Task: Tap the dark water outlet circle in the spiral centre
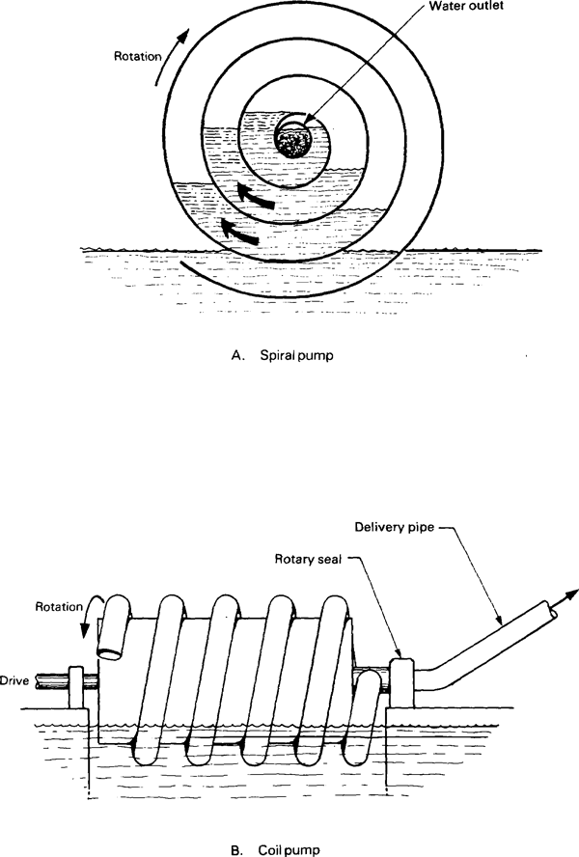click(x=293, y=139)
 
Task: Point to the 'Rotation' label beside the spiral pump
click(x=138, y=56)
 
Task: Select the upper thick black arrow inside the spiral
click(x=256, y=197)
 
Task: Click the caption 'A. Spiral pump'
click(x=282, y=355)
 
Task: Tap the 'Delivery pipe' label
click(x=394, y=528)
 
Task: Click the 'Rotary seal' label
click(x=308, y=559)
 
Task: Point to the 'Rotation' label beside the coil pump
click(x=59, y=607)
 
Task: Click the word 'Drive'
click(x=14, y=681)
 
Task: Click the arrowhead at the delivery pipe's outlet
click(x=571, y=594)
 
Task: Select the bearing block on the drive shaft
click(x=76, y=687)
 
